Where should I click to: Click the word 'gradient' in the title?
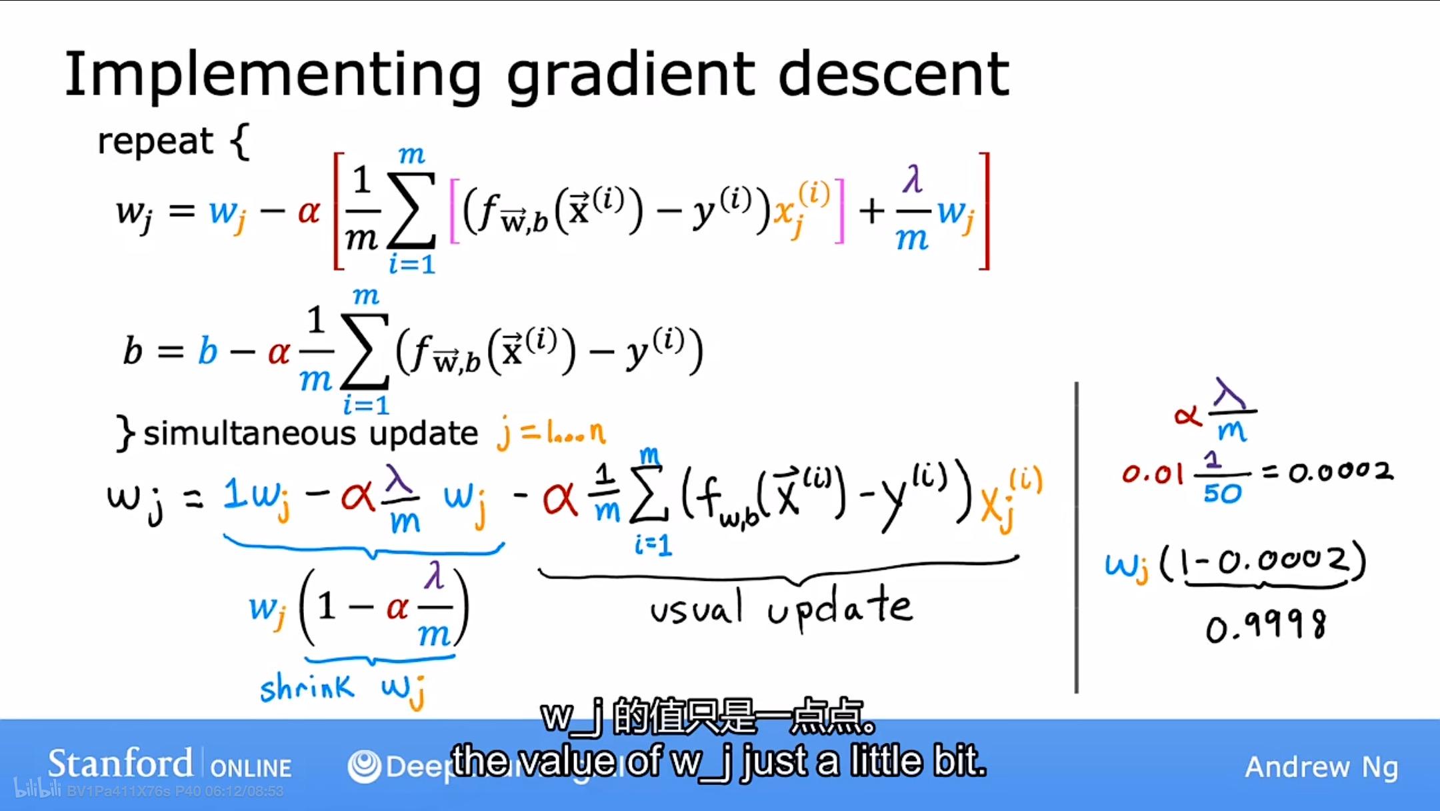(631, 75)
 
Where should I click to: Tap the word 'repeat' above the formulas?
(155, 141)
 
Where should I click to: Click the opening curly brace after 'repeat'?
(240, 141)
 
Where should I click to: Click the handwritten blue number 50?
(1222, 494)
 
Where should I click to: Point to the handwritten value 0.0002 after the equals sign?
(1340, 472)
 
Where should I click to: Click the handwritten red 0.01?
(1151, 474)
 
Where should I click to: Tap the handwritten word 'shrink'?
(307, 687)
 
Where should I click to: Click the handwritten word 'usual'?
(696, 608)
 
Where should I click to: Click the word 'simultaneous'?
(250, 434)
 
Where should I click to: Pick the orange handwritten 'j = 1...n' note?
(551, 434)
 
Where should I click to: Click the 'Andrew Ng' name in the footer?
(1321, 767)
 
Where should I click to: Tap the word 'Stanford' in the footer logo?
(120, 764)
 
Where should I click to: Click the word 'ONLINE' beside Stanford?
(251, 768)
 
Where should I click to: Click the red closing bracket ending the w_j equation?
(984, 211)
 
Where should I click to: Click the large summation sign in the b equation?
(365, 351)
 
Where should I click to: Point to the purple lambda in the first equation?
(913, 179)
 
